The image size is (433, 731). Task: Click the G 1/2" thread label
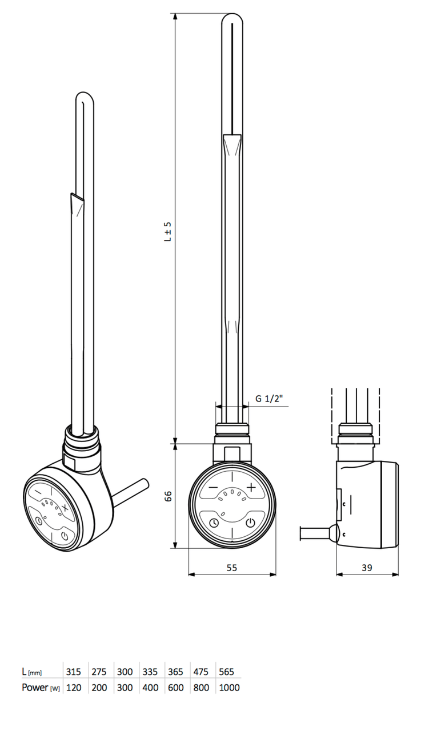[x=268, y=399]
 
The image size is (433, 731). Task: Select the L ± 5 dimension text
[x=167, y=232]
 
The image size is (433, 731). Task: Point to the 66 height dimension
[x=168, y=495]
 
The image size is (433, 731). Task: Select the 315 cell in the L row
[x=74, y=672]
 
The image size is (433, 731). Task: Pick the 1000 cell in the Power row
[x=228, y=688]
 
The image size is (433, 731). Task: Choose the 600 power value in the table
[x=175, y=688]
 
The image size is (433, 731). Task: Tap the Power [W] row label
[x=41, y=688]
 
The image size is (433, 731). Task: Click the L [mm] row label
[x=31, y=672]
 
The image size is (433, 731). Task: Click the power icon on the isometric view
[x=65, y=536]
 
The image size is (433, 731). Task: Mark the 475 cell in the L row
[x=201, y=672]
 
